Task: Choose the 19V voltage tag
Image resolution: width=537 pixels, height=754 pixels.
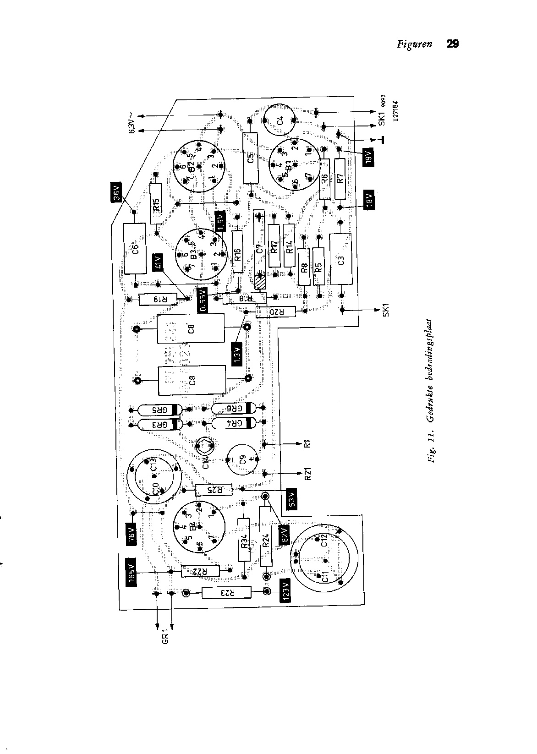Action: click(369, 158)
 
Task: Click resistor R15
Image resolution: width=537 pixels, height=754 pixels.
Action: click(156, 203)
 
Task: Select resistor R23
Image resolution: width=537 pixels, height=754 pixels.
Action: click(226, 592)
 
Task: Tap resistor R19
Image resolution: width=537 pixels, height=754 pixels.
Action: click(157, 300)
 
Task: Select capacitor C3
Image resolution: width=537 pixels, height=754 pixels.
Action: click(340, 259)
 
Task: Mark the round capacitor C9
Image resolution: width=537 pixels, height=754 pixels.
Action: click(243, 460)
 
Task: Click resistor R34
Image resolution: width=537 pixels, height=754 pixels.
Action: click(244, 540)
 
